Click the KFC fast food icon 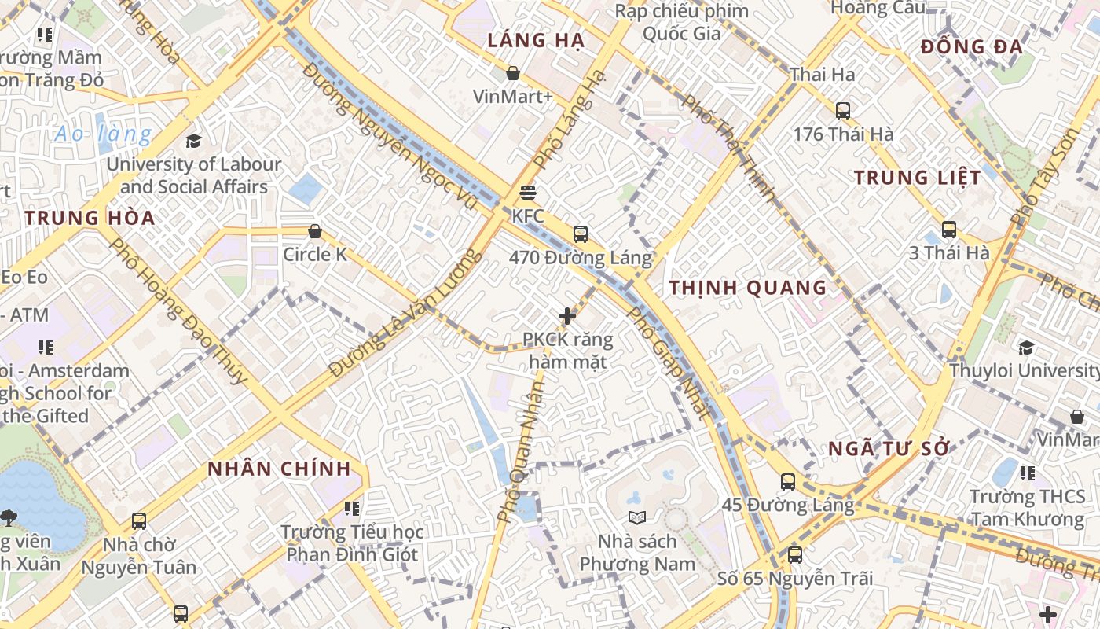pos(528,193)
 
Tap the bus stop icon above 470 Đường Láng pos(581,234)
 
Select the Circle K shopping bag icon pos(315,231)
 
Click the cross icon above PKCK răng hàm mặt pos(567,316)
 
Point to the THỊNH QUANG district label pos(748,288)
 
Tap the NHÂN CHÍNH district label pos(279,469)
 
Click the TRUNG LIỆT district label pos(918,178)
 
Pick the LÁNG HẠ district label pos(536,41)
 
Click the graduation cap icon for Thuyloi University pos(1026,347)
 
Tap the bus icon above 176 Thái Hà pos(843,111)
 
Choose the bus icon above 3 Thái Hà pos(949,230)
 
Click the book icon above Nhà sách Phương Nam pos(637,517)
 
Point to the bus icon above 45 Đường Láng pos(788,482)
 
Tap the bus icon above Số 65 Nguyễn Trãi pos(795,555)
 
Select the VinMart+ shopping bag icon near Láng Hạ pos(513,73)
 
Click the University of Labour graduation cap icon pos(193,141)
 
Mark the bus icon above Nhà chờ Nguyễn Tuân pos(139,521)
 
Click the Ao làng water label pos(103,134)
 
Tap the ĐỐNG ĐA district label pos(972,47)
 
